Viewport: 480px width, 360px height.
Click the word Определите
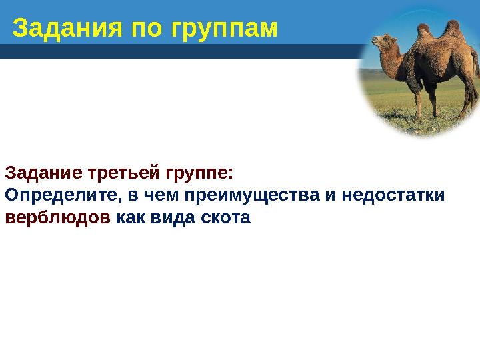click(59, 196)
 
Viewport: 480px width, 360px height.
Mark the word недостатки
click(396, 196)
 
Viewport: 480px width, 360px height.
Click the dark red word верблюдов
click(57, 218)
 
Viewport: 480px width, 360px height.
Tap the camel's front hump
click(425, 32)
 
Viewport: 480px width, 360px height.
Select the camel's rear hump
click(453, 29)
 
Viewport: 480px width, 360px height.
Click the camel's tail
click(475, 67)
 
